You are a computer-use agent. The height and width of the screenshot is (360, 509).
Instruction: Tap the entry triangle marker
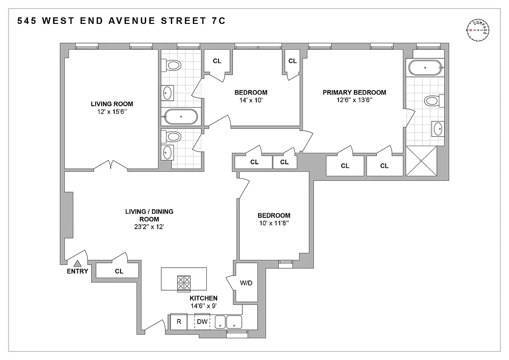point(77,264)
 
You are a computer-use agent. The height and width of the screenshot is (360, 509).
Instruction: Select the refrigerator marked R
point(179,322)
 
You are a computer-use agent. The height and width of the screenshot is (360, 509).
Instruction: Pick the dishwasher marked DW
point(202,322)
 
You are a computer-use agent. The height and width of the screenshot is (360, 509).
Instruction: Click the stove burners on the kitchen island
point(184,283)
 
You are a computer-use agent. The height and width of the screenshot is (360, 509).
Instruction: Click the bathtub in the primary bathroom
point(425,68)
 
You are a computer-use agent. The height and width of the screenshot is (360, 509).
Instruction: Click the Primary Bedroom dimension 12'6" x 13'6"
point(354,100)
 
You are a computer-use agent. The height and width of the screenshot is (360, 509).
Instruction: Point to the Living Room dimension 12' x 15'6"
point(112,112)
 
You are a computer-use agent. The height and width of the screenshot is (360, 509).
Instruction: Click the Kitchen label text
point(203,298)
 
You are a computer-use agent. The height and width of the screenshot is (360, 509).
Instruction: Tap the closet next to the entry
point(119,271)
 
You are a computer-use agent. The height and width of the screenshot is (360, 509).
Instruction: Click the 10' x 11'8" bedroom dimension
point(274,223)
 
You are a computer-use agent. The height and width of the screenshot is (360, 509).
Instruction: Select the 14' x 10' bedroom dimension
point(250,100)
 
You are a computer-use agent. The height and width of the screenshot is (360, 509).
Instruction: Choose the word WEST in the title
point(60,21)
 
